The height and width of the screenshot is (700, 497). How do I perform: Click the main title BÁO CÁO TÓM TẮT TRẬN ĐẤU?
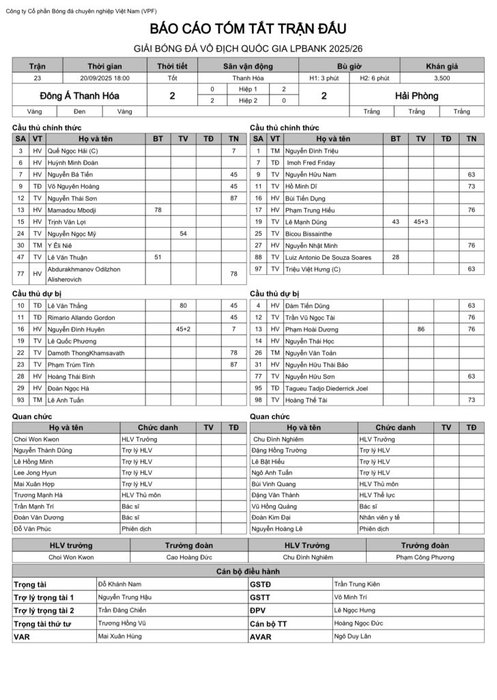(x=248, y=29)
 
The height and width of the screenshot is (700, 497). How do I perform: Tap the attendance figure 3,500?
(x=442, y=78)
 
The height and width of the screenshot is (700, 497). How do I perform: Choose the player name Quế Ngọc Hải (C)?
(x=73, y=150)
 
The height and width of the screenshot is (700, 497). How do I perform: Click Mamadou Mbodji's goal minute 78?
(x=158, y=210)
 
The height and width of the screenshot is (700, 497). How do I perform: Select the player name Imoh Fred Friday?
(x=311, y=163)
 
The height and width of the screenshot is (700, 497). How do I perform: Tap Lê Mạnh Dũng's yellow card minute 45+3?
(x=421, y=221)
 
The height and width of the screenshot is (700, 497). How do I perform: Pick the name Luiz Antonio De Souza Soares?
(x=328, y=257)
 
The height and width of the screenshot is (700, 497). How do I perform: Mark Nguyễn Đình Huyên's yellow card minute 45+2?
(x=183, y=329)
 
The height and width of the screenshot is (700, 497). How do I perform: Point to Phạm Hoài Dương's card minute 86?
(x=421, y=329)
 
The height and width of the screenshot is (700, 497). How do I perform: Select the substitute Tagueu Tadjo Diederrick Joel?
(x=326, y=388)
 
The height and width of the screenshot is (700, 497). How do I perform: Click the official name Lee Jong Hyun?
(x=35, y=472)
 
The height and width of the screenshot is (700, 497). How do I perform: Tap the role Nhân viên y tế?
(x=380, y=517)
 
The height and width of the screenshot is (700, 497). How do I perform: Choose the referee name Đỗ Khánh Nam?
(x=119, y=584)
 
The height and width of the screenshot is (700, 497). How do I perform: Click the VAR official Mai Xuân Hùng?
(x=120, y=636)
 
